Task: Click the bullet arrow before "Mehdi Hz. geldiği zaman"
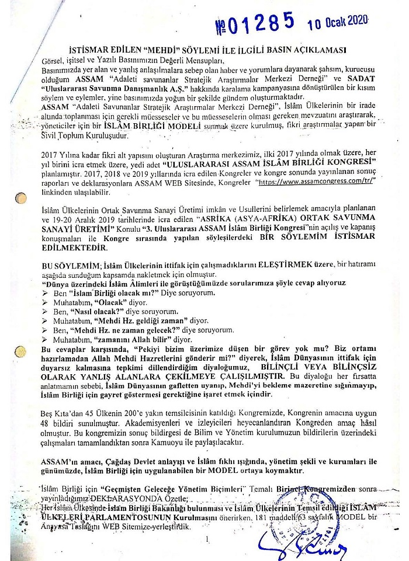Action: click(44, 321)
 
